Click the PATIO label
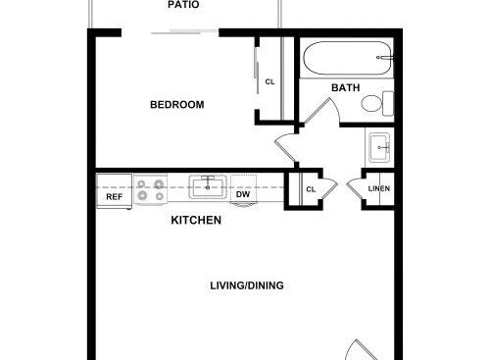[x=183, y=5]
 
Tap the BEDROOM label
[x=177, y=105]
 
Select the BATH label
[x=346, y=87]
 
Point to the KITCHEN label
[x=196, y=220]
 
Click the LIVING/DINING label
[x=247, y=285]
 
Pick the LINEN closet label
[x=379, y=188]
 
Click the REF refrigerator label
[x=115, y=197]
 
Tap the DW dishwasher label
[x=243, y=194]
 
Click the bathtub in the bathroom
[x=347, y=58]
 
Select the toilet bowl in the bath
[x=371, y=103]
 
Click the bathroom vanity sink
[x=379, y=148]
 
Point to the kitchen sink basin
[x=208, y=186]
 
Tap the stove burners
[x=151, y=189]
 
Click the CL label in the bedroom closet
[x=269, y=81]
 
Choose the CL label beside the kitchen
[x=311, y=189]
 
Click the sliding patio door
[x=184, y=32]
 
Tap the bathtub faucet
[x=384, y=58]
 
